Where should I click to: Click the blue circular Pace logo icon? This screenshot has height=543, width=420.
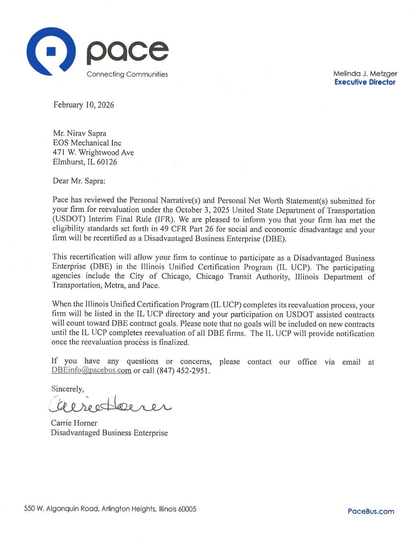pyautogui.click(x=51, y=51)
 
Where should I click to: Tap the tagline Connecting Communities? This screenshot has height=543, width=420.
pyautogui.click(x=127, y=74)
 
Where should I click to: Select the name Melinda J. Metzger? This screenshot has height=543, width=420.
pyautogui.click(x=365, y=74)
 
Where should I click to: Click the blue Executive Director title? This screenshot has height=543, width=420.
pyautogui.click(x=364, y=82)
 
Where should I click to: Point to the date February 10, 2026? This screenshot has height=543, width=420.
pyautogui.click(x=84, y=105)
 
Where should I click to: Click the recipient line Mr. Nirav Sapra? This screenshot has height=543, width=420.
pyautogui.click(x=79, y=133)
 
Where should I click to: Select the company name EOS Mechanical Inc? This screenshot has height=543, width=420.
pyautogui.click(x=87, y=143)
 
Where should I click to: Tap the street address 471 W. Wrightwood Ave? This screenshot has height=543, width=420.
pyautogui.click(x=93, y=152)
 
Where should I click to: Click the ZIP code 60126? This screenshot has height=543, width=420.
pyautogui.click(x=107, y=162)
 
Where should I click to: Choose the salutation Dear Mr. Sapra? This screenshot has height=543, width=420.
pyautogui.click(x=79, y=181)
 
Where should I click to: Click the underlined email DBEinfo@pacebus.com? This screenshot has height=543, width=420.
pyautogui.click(x=91, y=370)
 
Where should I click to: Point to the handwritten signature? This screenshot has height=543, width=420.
pyautogui.click(x=109, y=405)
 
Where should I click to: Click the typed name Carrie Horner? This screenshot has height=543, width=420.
pyautogui.click(x=74, y=423)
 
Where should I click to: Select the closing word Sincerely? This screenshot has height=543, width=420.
pyautogui.click(x=68, y=389)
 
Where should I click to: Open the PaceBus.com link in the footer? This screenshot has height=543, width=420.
pyautogui.click(x=371, y=511)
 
